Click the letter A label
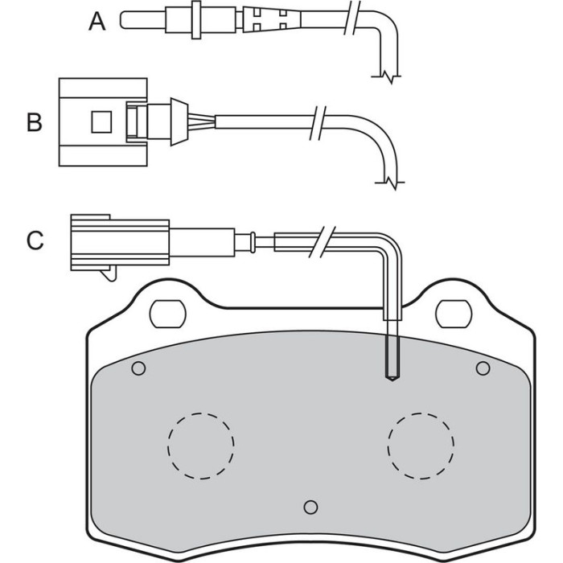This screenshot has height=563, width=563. [97, 22]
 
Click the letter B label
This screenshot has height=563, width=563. [35, 122]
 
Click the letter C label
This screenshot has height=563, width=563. [35, 240]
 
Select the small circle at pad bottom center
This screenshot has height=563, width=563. [310, 507]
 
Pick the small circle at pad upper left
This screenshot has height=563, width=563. [138, 368]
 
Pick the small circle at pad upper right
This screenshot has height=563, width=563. [483, 368]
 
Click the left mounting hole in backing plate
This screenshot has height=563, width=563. [167, 314]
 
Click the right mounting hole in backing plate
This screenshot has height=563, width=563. [453, 314]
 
